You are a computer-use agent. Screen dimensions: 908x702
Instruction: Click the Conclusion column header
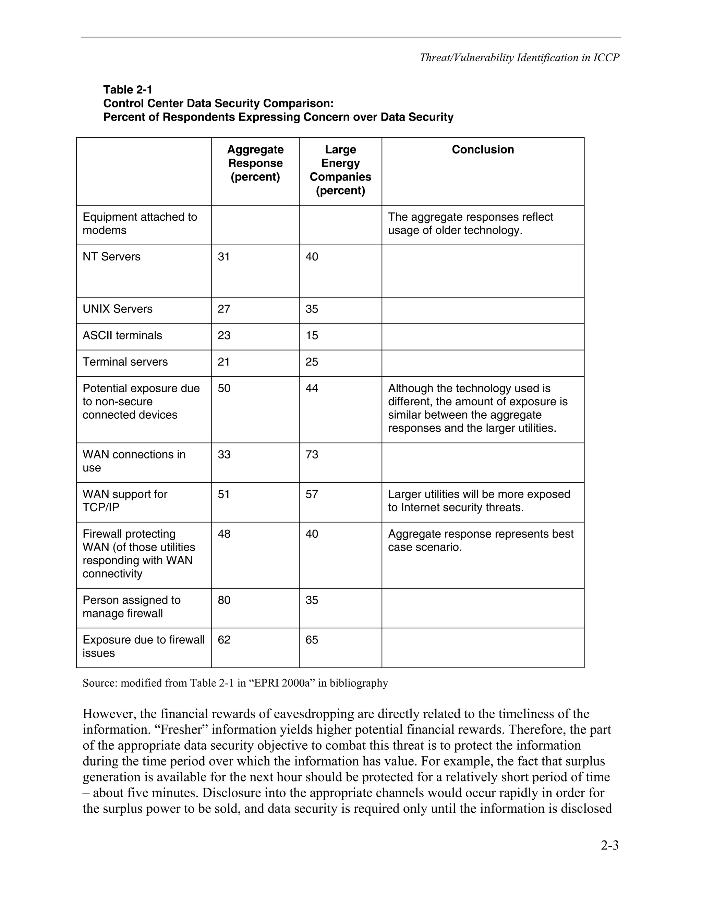coord(482,150)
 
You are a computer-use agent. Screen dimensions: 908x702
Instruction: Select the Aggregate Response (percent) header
coord(255,163)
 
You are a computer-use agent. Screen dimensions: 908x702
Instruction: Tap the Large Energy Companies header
coord(340,170)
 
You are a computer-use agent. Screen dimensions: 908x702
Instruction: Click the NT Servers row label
coord(111,257)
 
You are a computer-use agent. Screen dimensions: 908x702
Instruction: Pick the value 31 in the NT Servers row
coord(224,257)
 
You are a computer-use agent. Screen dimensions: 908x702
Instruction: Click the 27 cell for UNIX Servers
coord(224,309)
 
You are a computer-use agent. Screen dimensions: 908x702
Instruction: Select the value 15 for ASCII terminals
coord(312,335)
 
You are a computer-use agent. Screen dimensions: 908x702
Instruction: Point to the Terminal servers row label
coord(125,362)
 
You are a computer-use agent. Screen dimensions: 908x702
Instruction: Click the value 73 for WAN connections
coord(312,454)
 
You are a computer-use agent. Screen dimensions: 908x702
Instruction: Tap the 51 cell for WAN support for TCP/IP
coord(224,494)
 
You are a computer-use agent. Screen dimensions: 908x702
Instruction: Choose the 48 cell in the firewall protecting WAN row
coord(224,534)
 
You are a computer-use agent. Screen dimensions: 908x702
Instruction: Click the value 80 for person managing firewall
coord(224,600)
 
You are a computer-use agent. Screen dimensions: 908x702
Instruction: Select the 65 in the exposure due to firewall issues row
coord(312,639)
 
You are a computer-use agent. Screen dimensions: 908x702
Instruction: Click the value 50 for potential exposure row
coord(224,388)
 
